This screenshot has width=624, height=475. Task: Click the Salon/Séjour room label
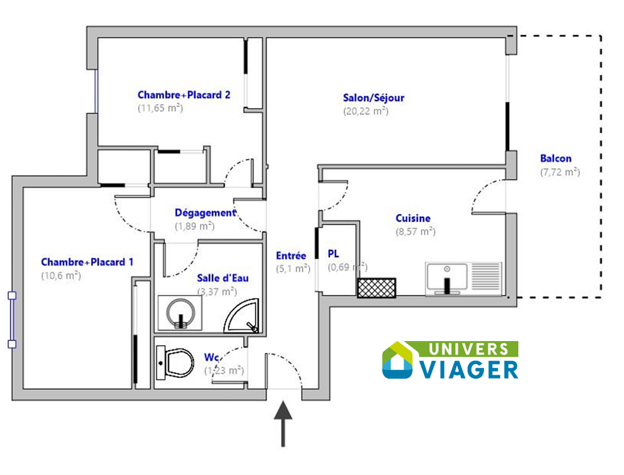(374, 98)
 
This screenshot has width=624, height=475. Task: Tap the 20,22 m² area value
(366, 111)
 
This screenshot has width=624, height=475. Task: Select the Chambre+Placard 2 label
(184, 94)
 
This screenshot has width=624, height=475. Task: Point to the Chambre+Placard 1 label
(87, 262)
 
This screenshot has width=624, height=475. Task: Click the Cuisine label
(413, 218)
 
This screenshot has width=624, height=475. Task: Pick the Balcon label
(556, 158)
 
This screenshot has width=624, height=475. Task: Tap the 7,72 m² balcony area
(560, 172)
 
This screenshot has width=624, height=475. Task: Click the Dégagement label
(205, 213)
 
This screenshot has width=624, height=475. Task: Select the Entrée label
(291, 255)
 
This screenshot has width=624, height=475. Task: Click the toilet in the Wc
(176, 362)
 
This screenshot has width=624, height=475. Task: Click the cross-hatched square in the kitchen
(376, 288)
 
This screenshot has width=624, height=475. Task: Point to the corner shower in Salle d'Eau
(242, 315)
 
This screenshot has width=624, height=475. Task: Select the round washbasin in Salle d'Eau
(181, 313)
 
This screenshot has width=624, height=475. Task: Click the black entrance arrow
(283, 424)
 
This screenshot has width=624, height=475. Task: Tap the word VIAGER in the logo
(469, 369)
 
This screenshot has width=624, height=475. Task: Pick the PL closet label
(333, 253)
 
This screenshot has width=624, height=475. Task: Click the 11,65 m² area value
(160, 108)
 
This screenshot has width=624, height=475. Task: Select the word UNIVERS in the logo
(469, 349)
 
